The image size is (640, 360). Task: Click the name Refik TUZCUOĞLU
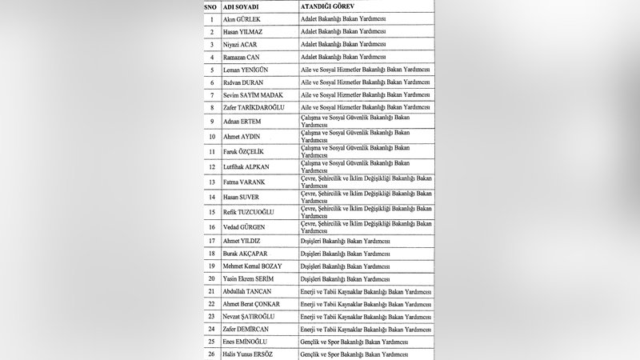tap(250, 212)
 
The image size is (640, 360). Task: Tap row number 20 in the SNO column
tap(210, 278)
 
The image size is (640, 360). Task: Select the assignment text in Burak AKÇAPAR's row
tap(346, 253)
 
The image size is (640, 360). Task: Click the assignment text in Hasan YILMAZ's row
tap(342, 31)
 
